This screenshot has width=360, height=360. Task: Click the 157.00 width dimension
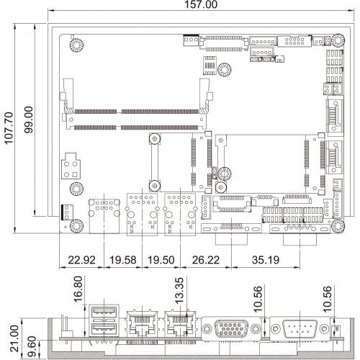pos(201,4)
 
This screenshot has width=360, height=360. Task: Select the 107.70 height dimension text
pos(9,128)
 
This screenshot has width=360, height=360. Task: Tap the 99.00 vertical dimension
pos(29,120)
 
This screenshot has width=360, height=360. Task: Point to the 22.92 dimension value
pos(81,260)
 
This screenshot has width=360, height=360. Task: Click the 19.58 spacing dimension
pos(123,260)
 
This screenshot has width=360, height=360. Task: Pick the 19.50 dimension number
pos(161,260)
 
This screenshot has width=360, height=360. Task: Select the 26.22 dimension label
pos(206,260)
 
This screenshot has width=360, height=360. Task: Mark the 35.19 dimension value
pos(266,260)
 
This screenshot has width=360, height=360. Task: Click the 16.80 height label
pos(78,289)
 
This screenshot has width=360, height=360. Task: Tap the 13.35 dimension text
pos(179,290)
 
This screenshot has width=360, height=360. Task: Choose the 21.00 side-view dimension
pos(14,338)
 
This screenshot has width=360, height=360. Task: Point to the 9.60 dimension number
pos(32,346)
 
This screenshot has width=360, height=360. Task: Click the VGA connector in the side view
pos(231,328)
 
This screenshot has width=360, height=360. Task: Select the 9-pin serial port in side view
pos(300,328)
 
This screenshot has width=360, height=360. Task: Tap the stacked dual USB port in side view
pos(104,320)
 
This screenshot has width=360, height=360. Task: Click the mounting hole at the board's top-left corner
pos(76,45)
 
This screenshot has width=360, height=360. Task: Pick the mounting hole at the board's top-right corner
pos(338,40)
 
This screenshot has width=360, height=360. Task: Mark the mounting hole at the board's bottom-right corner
pos(338,226)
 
